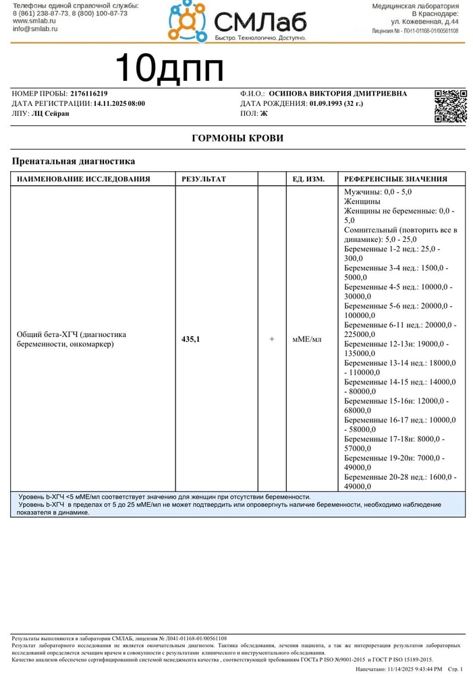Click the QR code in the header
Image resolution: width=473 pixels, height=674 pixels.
point(450,106)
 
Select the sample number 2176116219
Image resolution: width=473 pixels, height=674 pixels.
point(88,94)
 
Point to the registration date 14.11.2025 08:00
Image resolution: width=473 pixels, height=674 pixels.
point(119,104)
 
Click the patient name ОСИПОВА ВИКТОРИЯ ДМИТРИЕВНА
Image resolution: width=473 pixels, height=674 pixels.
point(337,94)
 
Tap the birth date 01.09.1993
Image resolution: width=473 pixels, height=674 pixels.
point(326,104)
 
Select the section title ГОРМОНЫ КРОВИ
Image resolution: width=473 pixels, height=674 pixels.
point(238,138)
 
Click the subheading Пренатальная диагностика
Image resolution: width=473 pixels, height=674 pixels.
point(74,162)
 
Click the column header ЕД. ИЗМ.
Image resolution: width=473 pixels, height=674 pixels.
point(308,179)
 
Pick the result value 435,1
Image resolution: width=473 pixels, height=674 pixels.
point(191,339)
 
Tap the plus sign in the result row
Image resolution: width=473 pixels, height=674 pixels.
point(272,339)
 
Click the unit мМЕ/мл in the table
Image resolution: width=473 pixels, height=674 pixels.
point(307,339)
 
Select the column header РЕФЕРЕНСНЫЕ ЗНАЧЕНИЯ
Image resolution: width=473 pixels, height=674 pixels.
point(395,179)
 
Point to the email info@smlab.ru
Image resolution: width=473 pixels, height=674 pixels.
point(34,29)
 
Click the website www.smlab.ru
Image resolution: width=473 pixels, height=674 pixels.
point(34,21)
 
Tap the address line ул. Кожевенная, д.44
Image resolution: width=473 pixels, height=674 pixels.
point(425,22)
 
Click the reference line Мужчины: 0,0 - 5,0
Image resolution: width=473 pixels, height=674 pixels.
point(378,192)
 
